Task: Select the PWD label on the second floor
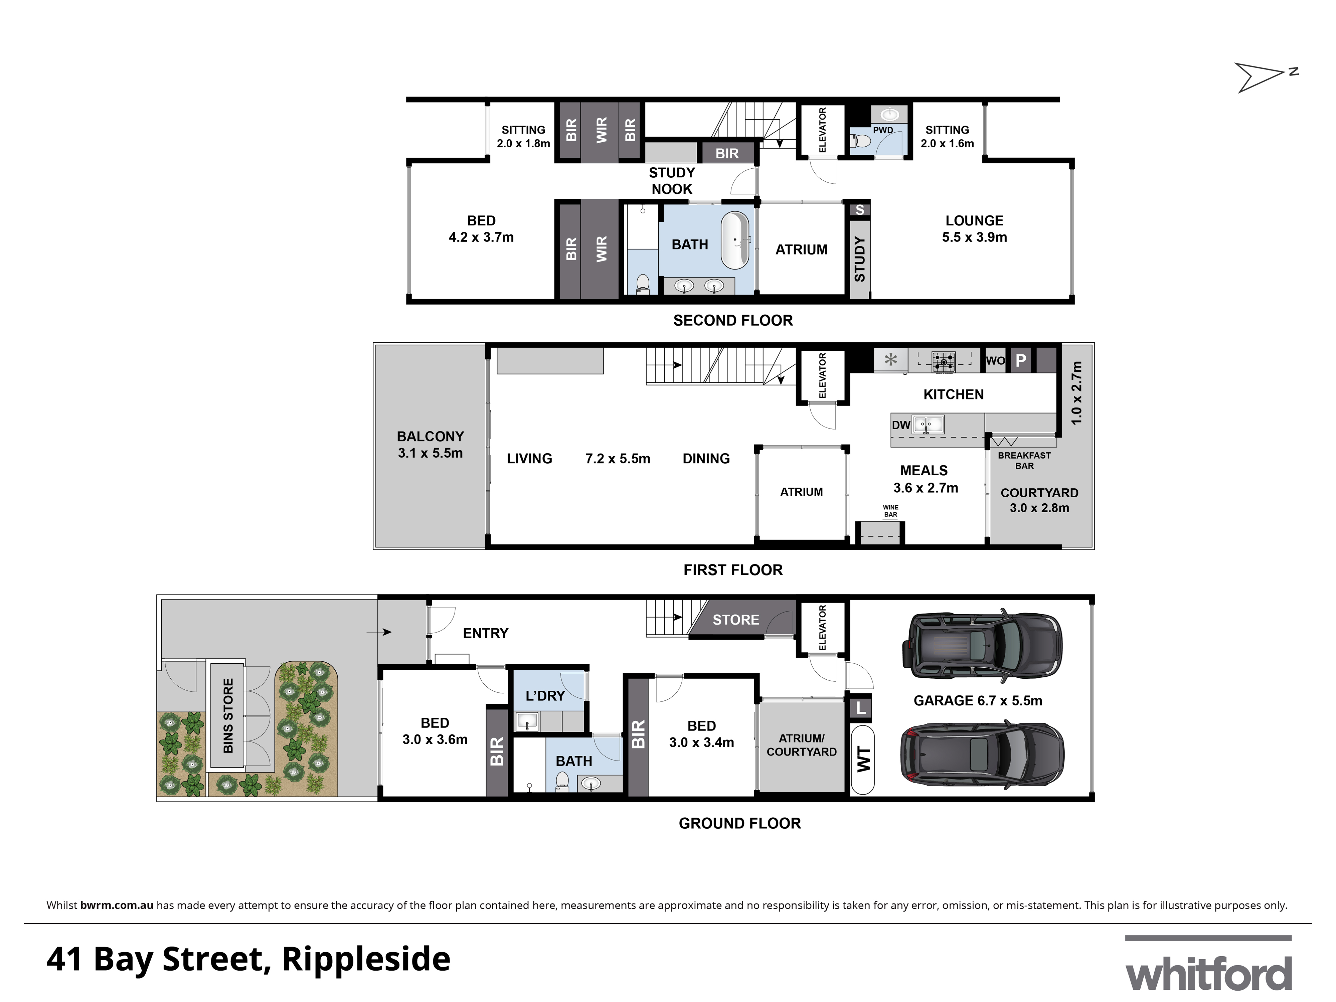click(x=882, y=130)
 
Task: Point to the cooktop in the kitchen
click(x=943, y=361)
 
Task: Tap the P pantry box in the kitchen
click(x=1021, y=361)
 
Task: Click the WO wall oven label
click(x=995, y=361)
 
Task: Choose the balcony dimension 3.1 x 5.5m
click(x=430, y=453)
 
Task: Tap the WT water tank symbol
click(x=862, y=760)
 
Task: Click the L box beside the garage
click(x=861, y=708)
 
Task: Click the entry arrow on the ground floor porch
click(x=379, y=632)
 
